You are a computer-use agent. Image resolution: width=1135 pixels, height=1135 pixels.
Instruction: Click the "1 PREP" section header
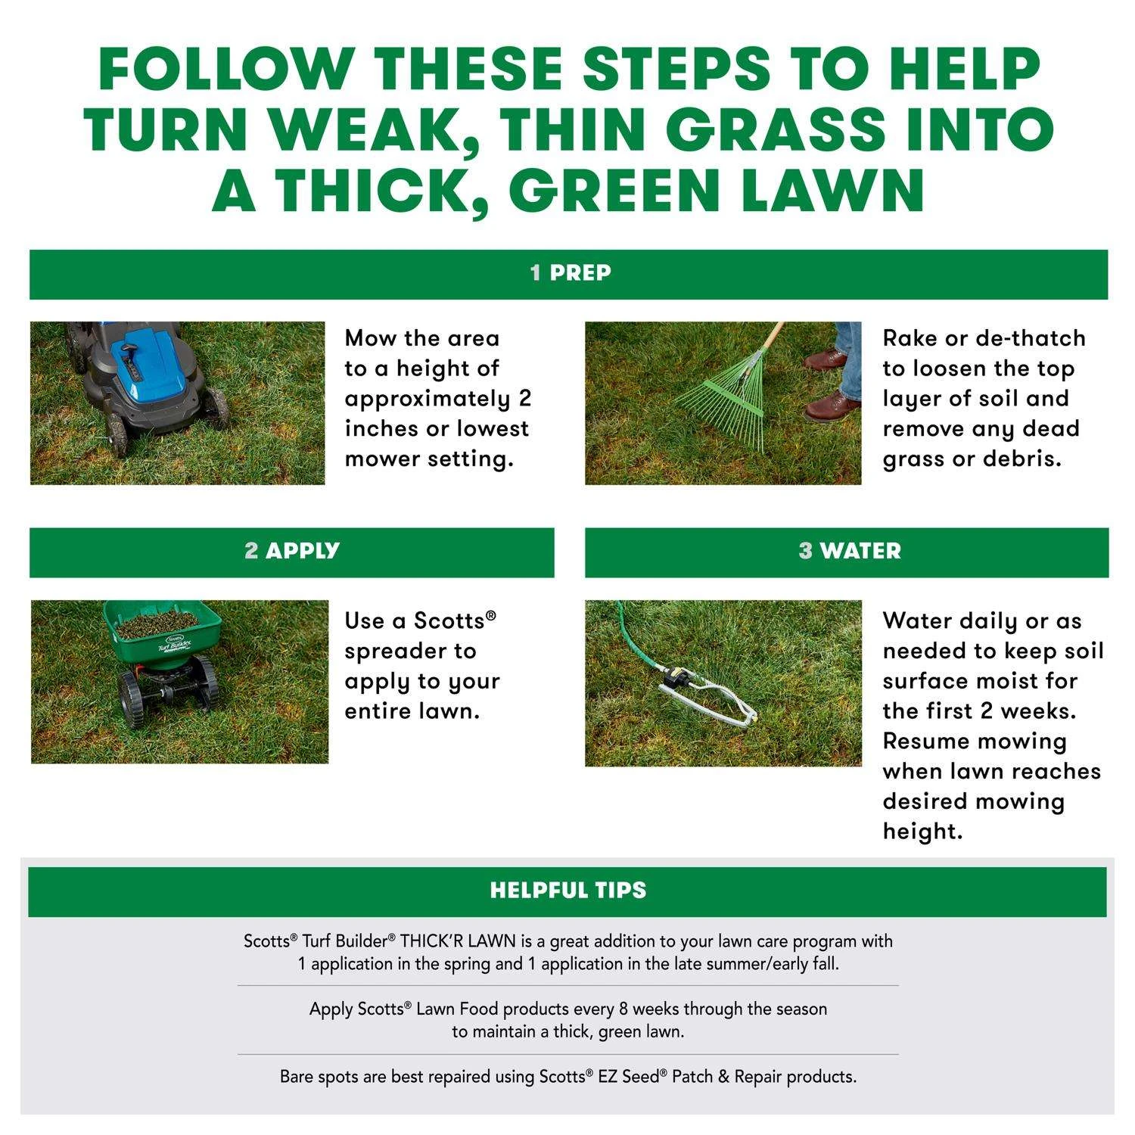[x=570, y=273]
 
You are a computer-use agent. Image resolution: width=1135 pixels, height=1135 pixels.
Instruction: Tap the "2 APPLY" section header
[x=292, y=551]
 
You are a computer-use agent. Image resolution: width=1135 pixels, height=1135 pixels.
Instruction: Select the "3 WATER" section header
[x=849, y=551]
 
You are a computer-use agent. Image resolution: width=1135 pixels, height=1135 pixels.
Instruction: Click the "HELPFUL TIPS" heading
[x=567, y=890]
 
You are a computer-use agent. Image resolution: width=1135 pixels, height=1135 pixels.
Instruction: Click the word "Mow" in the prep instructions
[x=371, y=338]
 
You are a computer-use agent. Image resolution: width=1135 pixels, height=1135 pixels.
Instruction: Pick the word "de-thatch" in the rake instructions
[x=1031, y=338]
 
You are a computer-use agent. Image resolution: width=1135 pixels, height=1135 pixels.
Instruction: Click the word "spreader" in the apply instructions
[x=410, y=651]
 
